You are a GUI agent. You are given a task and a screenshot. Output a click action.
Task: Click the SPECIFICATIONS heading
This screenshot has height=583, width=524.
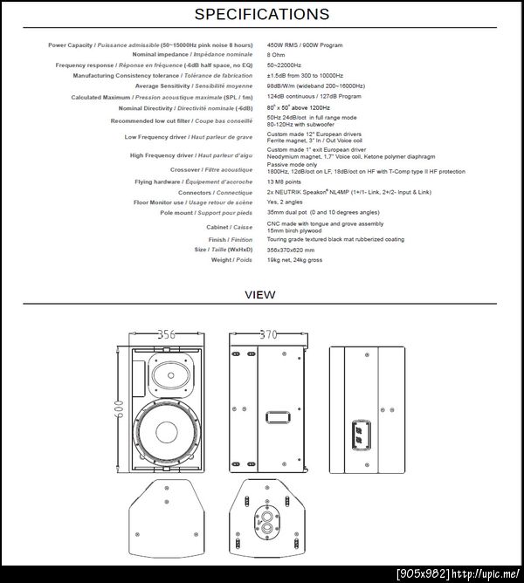point(261,14)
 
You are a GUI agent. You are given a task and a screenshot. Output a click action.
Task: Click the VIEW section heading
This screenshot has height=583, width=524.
point(260,294)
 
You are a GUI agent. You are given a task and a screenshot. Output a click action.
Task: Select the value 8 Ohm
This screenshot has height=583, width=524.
point(278,54)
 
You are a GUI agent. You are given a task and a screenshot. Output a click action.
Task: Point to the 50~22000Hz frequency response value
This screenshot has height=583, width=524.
point(285,65)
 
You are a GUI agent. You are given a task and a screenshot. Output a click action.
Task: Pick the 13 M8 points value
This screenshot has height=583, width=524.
point(285,182)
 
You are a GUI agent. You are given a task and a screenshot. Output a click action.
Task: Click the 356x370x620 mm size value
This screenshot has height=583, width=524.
point(290,249)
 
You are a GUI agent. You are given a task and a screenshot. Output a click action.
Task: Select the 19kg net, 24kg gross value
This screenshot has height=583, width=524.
point(294,259)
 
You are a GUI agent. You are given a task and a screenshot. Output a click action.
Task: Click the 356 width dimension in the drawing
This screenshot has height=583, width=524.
point(166,334)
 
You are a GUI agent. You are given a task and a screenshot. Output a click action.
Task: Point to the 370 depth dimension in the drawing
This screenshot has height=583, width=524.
point(268,334)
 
